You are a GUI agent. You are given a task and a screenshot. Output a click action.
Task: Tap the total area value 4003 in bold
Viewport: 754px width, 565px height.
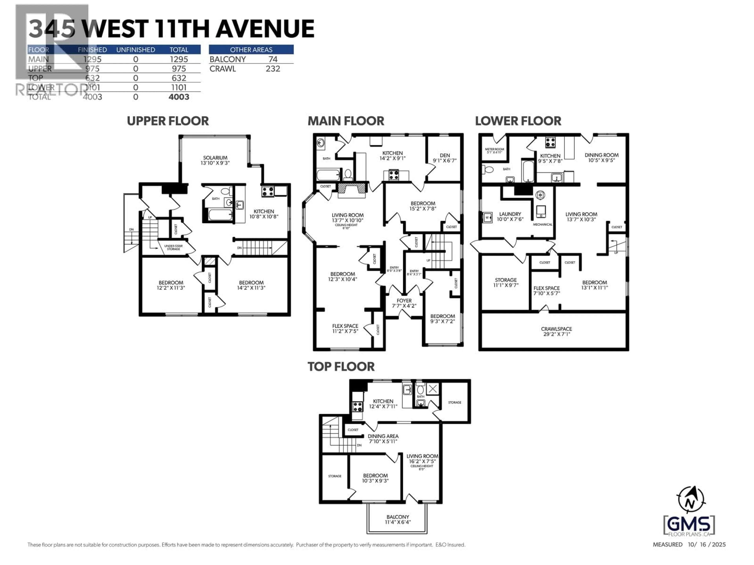[x=179, y=97]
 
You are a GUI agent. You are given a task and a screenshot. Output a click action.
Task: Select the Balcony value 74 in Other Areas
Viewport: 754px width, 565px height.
[x=273, y=59]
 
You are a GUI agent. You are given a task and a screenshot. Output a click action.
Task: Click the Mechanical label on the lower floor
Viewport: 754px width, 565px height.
[x=542, y=224]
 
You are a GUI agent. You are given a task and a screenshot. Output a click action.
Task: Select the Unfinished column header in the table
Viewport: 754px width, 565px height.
[x=136, y=50]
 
